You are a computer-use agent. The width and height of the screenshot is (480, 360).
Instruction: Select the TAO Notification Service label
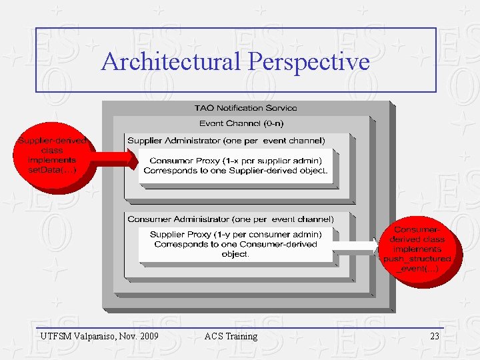click(246, 108)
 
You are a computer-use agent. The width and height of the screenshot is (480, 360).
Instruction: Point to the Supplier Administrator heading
click(226, 141)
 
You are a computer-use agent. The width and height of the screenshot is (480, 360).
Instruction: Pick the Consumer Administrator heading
click(231, 219)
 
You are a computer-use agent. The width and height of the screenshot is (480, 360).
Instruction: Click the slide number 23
click(435, 336)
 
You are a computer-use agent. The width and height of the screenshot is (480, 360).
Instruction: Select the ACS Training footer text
click(231, 336)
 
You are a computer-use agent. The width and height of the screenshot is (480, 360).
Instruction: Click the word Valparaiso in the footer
click(98, 336)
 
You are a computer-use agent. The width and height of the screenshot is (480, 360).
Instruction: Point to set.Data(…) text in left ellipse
click(52, 170)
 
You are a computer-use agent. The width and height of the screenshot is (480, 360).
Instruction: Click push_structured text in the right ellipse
click(417, 259)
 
